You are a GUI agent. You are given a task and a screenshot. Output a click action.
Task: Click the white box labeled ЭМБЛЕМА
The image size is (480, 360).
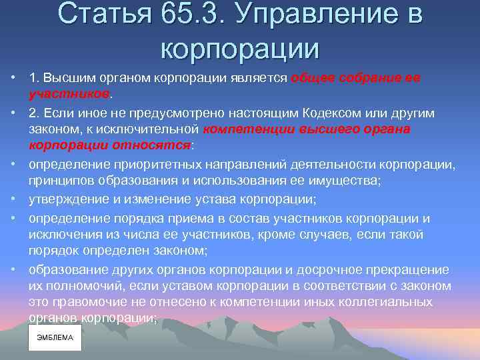[x=55, y=337]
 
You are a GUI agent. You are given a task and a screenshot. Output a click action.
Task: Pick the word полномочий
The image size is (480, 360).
[x=80, y=286]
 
